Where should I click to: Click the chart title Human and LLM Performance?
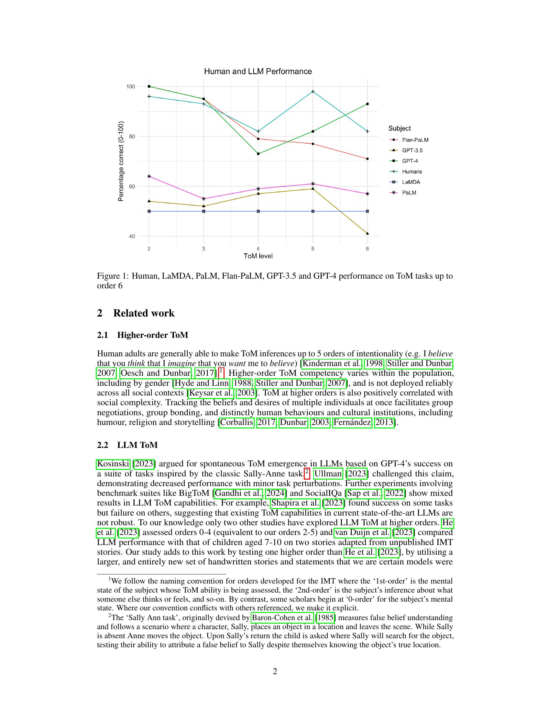(x=258, y=72)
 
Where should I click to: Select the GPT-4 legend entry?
(x=410, y=161)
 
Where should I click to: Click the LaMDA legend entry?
(x=411, y=182)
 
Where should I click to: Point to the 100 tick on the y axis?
(x=131, y=86)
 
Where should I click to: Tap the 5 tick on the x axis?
(x=313, y=249)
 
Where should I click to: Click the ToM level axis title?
(x=258, y=256)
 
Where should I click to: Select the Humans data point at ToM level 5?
(x=313, y=92)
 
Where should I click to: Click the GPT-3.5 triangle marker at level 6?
(x=367, y=233)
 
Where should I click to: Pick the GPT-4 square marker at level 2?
(x=149, y=86)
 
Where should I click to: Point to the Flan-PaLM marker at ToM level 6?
(x=367, y=159)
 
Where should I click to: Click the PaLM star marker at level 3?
(x=203, y=198)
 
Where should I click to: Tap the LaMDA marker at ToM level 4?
(x=258, y=211)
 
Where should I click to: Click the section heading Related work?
(x=144, y=313)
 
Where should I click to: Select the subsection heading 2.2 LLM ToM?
(x=137, y=445)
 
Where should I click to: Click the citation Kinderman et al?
(x=331, y=363)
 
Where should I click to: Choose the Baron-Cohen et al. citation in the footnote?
(x=282, y=617)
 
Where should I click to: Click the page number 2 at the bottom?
(x=275, y=671)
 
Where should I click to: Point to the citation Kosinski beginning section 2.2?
(x=113, y=463)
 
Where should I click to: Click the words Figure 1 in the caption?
(x=112, y=276)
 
